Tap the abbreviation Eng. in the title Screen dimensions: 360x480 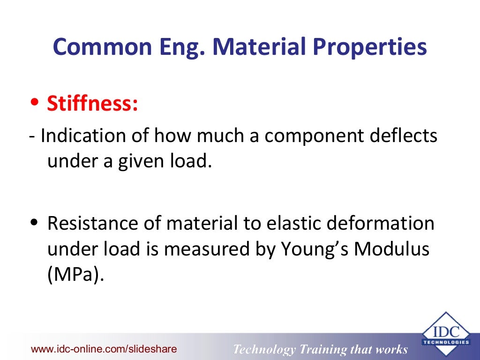coord(187,47)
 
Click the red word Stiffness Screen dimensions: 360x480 coord(92,104)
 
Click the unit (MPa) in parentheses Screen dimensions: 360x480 coord(75,273)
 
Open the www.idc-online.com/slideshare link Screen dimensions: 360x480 coord(104,349)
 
